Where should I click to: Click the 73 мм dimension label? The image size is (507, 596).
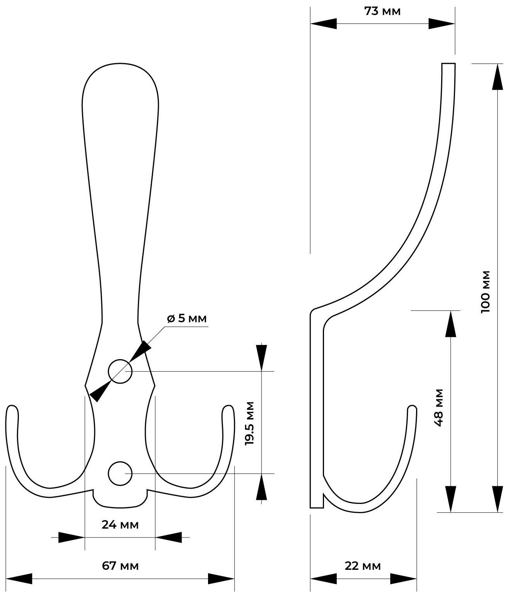click(382, 12)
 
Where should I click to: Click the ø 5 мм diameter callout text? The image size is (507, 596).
click(187, 318)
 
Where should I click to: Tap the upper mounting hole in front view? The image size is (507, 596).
click(120, 372)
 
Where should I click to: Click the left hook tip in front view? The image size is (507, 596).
click(12, 409)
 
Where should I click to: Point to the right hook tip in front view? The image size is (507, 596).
click(228, 409)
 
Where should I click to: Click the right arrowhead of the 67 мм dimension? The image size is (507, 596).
click(221, 579)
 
